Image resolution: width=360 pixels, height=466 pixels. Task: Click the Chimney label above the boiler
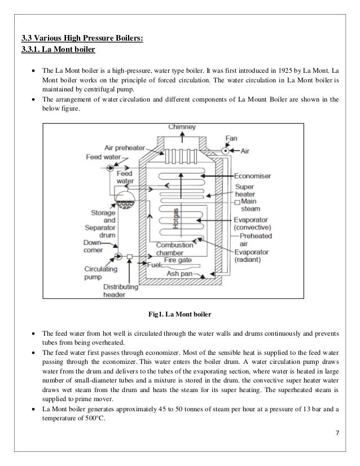click(181, 128)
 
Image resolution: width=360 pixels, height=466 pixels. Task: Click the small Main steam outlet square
click(237, 201)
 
